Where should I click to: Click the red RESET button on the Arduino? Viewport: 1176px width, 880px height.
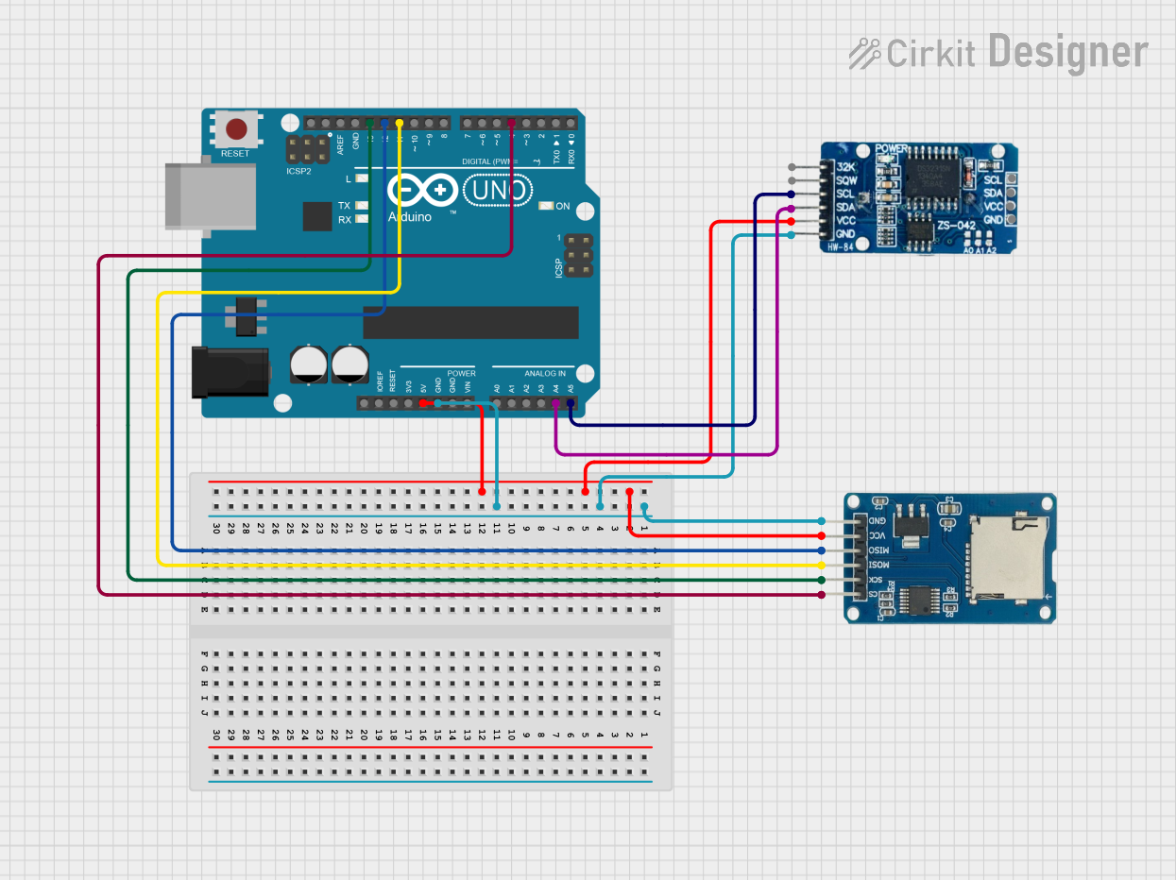click(x=236, y=128)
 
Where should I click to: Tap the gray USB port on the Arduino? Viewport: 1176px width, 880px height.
click(x=210, y=195)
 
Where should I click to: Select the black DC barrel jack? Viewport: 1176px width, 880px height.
click(x=230, y=372)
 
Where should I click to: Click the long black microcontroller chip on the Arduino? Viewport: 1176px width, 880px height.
click(x=470, y=322)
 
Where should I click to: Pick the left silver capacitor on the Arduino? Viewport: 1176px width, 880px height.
click(x=309, y=364)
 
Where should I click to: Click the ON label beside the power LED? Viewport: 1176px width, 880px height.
click(x=563, y=206)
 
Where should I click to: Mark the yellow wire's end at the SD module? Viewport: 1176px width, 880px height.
click(x=822, y=565)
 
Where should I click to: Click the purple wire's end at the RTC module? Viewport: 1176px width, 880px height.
click(x=791, y=208)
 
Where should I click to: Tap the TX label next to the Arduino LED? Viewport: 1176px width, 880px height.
click(x=344, y=205)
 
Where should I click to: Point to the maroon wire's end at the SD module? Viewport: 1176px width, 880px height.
click(x=822, y=595)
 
